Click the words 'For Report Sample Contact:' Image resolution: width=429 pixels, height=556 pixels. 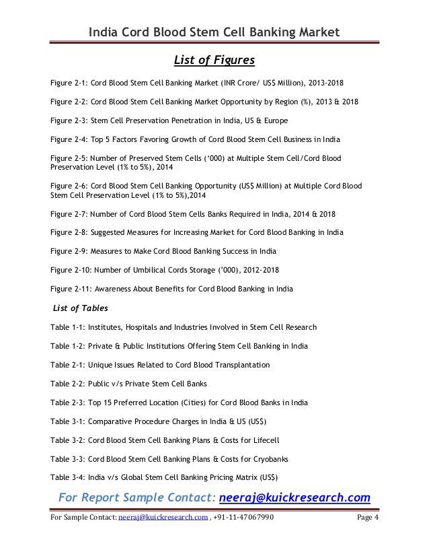coord(135,498)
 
